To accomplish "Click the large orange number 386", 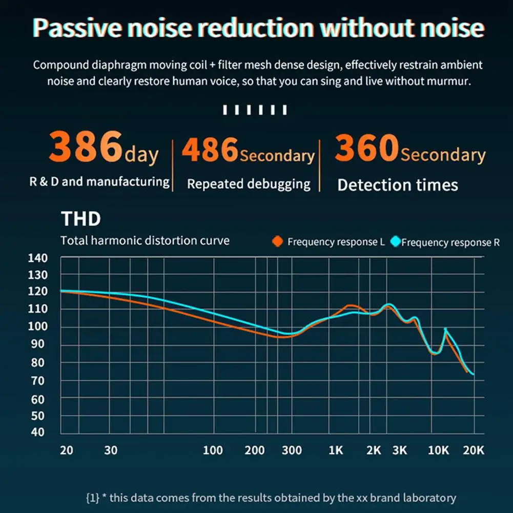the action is tap(86, 146).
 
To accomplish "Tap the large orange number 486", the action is tap(210, 150).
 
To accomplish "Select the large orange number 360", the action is tap(367, 148).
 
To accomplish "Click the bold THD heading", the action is tap(81, 218).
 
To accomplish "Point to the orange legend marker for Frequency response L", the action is tap(277, 241).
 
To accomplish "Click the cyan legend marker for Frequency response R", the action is tap(396, 241).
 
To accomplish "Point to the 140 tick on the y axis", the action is tap(37, 258).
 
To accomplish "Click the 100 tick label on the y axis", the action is tap(37, 326).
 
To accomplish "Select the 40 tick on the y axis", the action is tap(37, 432).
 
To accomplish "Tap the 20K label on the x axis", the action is tap(473, 450).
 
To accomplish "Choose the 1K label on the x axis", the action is tap(336, 450).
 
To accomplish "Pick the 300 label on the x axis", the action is tap(292, 450).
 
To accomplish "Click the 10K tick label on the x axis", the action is tap(438, 450).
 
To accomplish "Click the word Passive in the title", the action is tap(77, 28).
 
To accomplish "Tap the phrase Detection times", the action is tap(398, 185).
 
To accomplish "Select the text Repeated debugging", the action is tap(249, 184).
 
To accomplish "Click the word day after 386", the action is tap(141, 154).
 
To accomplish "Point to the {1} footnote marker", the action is tap(93, 498).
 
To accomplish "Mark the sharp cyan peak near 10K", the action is tap(445, 329).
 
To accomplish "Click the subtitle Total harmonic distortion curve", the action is tap(145, 240).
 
